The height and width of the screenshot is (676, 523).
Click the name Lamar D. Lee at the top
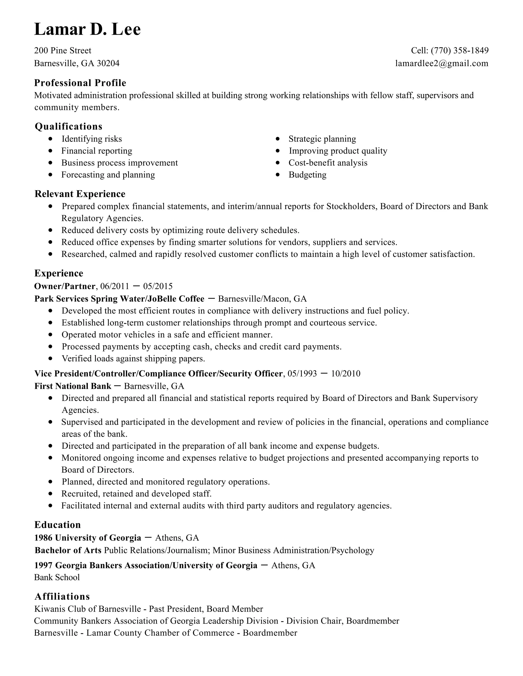coord(87,29)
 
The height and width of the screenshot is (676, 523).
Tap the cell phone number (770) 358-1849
coord(459,51)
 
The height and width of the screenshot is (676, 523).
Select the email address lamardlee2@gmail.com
coord(442,64)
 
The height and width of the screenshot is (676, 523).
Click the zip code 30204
coord(108,64)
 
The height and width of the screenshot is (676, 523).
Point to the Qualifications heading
coord(68,126)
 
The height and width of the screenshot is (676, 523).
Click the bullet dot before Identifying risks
coord(51,139)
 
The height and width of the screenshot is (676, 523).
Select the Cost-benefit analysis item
coord(328,163)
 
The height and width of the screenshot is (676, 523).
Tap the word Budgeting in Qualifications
coord(307,175)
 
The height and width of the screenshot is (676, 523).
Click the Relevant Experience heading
coord(80,194)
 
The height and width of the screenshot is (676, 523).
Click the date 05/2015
coord(158,286)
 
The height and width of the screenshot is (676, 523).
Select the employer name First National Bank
coord(73,386)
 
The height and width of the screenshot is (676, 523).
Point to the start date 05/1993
coord(302,374)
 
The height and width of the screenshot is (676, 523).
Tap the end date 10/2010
coord(346,374)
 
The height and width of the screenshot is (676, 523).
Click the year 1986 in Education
coord(43,538)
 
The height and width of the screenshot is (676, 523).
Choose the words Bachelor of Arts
coord(68,550)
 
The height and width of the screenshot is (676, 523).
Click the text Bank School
coord(57,577)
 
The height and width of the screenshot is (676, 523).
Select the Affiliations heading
coord(62,596)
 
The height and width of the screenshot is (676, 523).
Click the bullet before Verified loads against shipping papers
coord(51,358)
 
